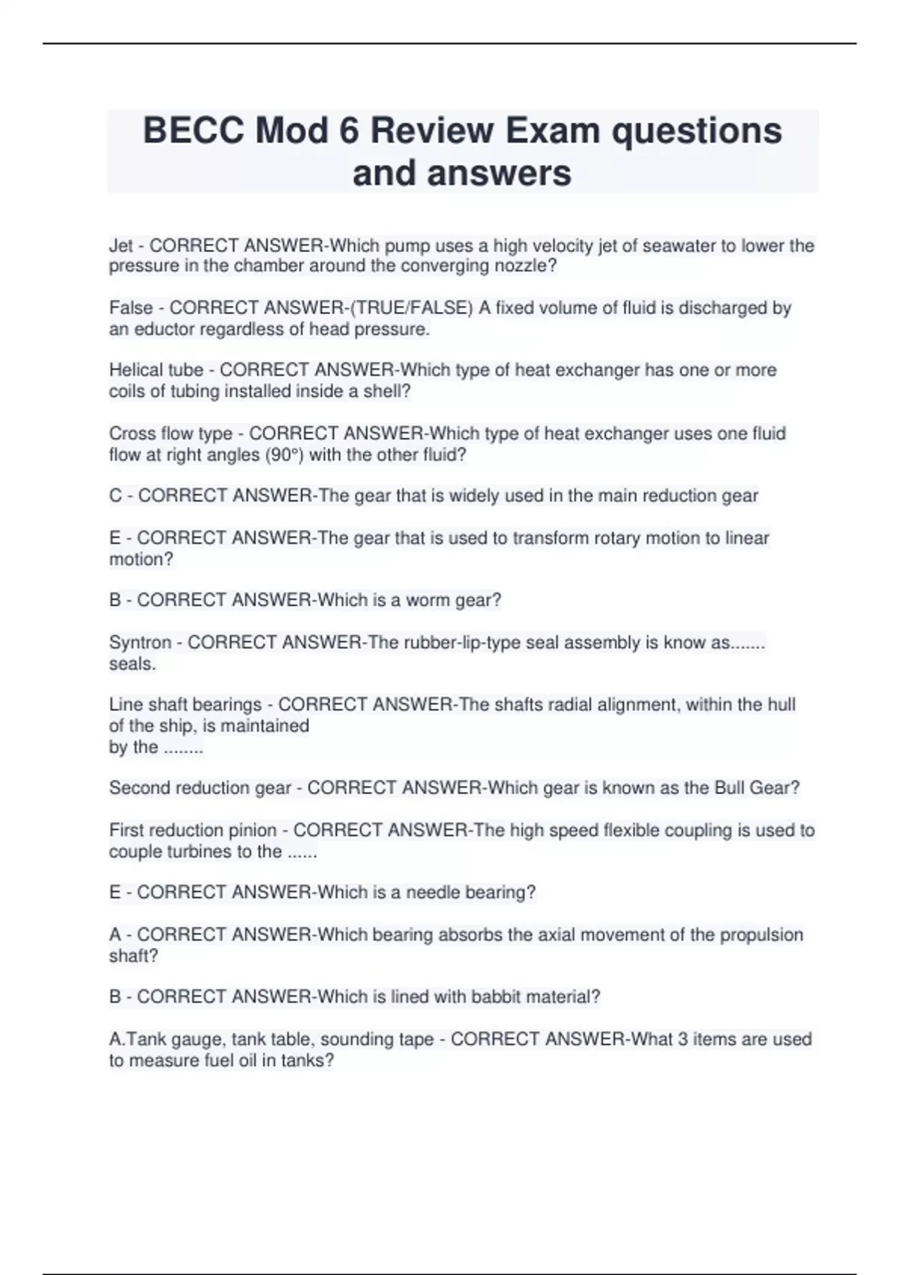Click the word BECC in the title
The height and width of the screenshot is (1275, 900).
[193, 131]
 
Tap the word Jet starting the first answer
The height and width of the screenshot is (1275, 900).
[121, 246]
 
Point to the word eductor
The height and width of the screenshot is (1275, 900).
[162, 329]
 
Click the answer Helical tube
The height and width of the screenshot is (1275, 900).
[156, 370]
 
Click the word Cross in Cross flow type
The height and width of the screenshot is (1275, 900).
[130, 434]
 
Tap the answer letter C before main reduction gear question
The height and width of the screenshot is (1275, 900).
[115, 496]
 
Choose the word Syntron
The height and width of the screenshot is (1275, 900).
[140, 643]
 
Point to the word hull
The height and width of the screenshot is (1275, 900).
[781, 705]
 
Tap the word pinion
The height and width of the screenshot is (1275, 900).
[252, 831]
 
